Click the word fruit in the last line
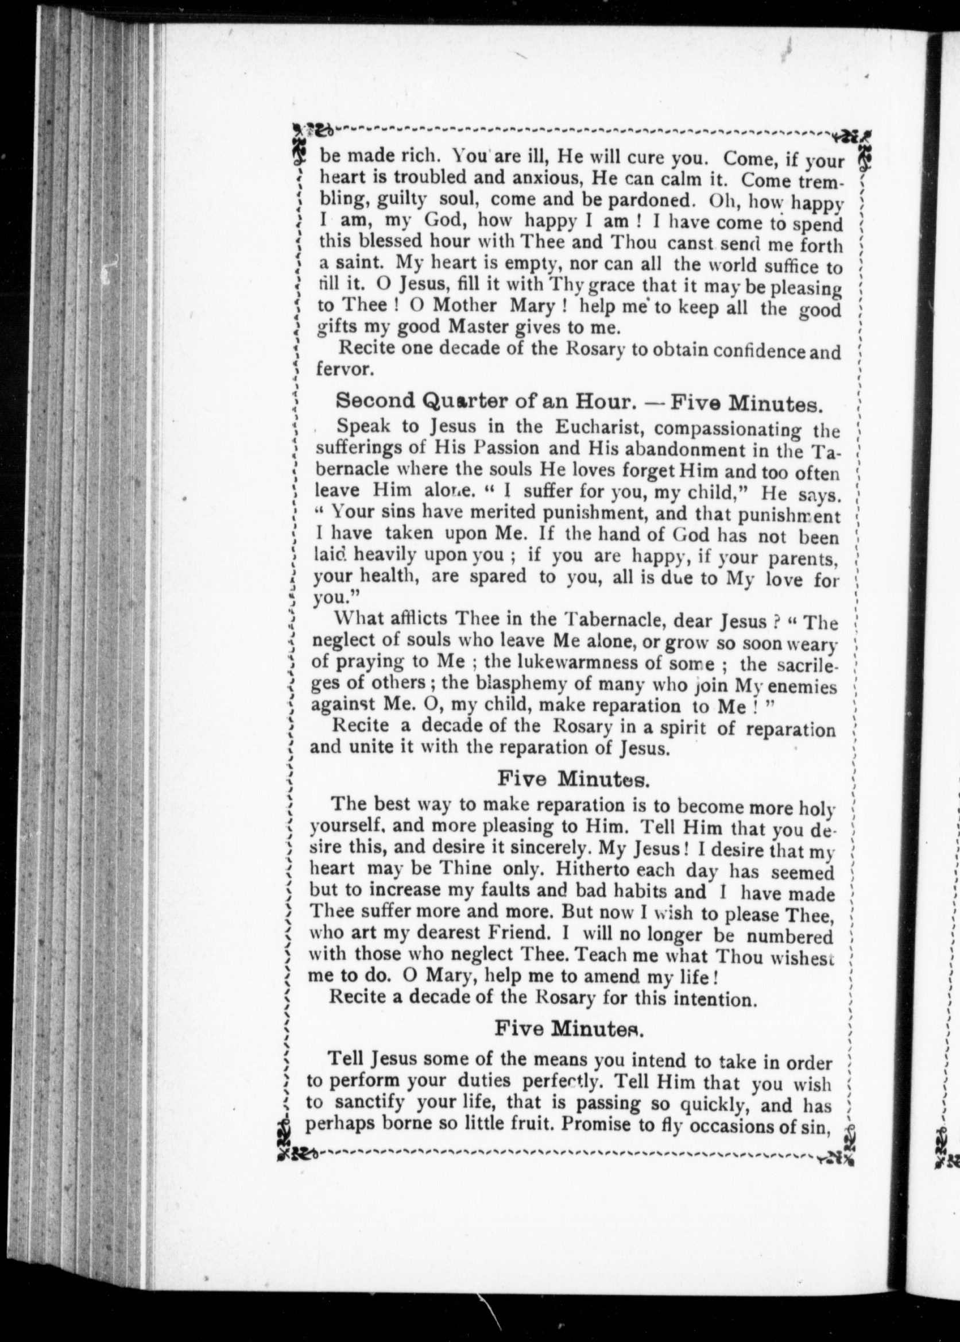click(x=527, y=1124)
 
